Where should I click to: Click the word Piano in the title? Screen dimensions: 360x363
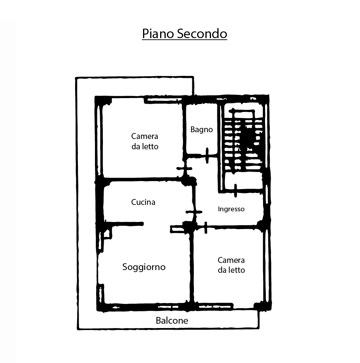pos(158,34)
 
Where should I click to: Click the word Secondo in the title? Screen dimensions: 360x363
pos(202,34)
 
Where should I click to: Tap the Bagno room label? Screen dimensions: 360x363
pos(201,129)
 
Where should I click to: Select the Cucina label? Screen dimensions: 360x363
pos(143,202)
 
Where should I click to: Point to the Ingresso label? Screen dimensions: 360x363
pos(231,209)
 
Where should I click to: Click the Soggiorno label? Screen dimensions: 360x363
pos(144,267)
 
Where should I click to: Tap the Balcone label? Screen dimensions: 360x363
pos(172,321)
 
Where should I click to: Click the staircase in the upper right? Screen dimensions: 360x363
pos(243,141)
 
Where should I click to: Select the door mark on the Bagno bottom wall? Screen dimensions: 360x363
pos(207,156)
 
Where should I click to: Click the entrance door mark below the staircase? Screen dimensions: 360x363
pos(235,191)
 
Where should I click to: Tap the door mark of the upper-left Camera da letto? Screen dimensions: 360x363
pos(184,168)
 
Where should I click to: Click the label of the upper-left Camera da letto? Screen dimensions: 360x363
pos(145,141)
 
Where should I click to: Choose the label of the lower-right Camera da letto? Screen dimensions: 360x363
pos(231,265)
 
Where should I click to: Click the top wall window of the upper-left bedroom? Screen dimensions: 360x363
pos(163,100)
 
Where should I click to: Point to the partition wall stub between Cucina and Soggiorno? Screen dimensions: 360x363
pos(124,224)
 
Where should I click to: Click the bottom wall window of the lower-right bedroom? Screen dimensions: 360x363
pos(215,307)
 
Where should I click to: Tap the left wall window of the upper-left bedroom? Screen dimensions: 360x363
pos(99,140)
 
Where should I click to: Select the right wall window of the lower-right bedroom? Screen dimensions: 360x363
pos(267,266)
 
